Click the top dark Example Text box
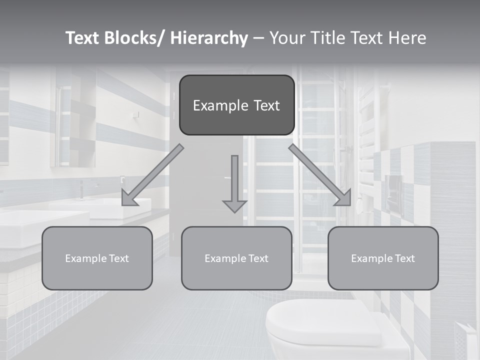(236, 105)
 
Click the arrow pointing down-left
(152, 175)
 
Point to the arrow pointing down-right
(320, 175)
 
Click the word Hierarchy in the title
(209, 38)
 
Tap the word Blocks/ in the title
(135, 38)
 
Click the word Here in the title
(407, 38)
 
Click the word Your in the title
(286, 38)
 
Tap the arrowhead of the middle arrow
(234, 205)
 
